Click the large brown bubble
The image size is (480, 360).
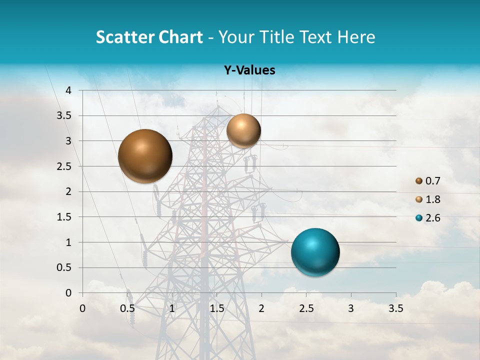[145, 156]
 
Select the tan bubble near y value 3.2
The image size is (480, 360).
[243, 130]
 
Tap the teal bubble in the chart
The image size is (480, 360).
[315, 252]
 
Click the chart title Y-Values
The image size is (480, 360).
[249, 70]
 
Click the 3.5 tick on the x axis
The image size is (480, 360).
[395, 308]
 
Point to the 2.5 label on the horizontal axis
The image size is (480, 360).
[306, 308]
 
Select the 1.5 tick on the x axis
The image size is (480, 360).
[216, 308]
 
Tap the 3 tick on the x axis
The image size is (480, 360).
[351, 308]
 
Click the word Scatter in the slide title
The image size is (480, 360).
[125, 37]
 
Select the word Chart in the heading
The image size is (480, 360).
[180, 37]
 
